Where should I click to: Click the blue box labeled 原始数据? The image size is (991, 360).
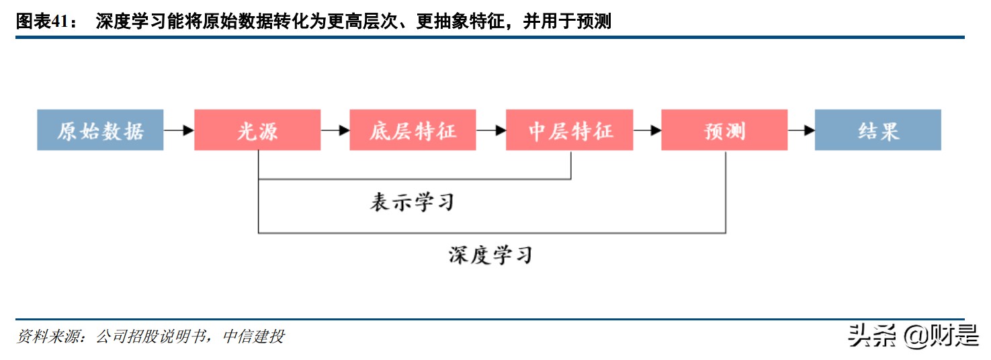coord(100,130)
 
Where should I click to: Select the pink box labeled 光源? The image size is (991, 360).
coord(257,130)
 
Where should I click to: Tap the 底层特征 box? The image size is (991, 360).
coord(413,130)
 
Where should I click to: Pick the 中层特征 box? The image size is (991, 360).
coord(570,130)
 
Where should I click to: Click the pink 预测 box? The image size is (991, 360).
coord(725,130)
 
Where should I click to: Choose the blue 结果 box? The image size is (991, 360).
coord(877,130)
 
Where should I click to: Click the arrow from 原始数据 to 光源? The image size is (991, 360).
coord(179,131)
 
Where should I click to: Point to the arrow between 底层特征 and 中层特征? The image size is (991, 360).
coord(491,131)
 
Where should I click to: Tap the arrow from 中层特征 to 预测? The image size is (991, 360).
coord(647,131)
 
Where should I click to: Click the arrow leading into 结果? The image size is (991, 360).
coord(802,131)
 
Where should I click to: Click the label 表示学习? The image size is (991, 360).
coord(412,202)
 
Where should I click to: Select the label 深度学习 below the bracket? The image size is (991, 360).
coord(490,255)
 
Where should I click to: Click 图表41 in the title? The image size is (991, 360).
coord(40,22)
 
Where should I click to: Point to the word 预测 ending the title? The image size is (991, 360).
coord(594,22)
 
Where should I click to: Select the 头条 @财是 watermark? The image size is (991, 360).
coord(914,336)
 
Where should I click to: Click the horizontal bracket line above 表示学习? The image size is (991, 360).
coord(415,179)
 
